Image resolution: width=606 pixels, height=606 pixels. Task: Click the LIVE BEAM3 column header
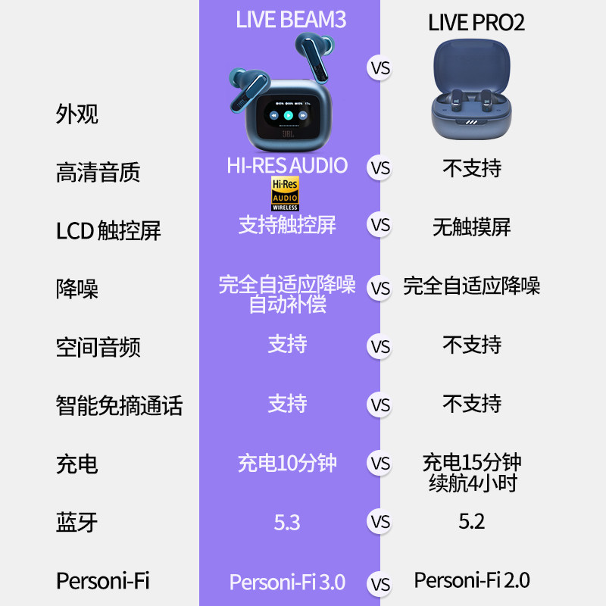(290, 19)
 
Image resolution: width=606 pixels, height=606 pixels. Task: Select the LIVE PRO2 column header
(476, 22)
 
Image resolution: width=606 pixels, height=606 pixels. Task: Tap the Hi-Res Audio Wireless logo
(286, 194)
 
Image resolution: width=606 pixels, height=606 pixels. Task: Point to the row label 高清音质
(98, 173)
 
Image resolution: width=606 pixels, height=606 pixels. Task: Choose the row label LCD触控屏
(108, 230)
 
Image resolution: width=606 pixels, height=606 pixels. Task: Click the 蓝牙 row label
(77, 522)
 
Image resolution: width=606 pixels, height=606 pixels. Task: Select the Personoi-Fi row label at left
(102, 581)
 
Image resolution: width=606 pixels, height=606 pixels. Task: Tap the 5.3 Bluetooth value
(287, 522)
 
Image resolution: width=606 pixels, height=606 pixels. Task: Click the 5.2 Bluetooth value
(472, 521)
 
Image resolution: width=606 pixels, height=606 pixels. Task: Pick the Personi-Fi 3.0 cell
(287, 582)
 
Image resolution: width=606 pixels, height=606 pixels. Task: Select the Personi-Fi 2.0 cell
(472, 580)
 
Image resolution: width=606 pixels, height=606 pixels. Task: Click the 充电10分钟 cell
(287, 463)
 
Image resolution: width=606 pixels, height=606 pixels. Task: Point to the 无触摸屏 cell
(472, 226)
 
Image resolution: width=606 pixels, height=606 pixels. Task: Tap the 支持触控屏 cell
(287, 225)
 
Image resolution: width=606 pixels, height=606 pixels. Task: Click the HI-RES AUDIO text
(287, 165)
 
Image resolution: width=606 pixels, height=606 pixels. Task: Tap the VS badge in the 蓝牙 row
(380, 522)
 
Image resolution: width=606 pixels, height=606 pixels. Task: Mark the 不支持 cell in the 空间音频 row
(472, 345)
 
